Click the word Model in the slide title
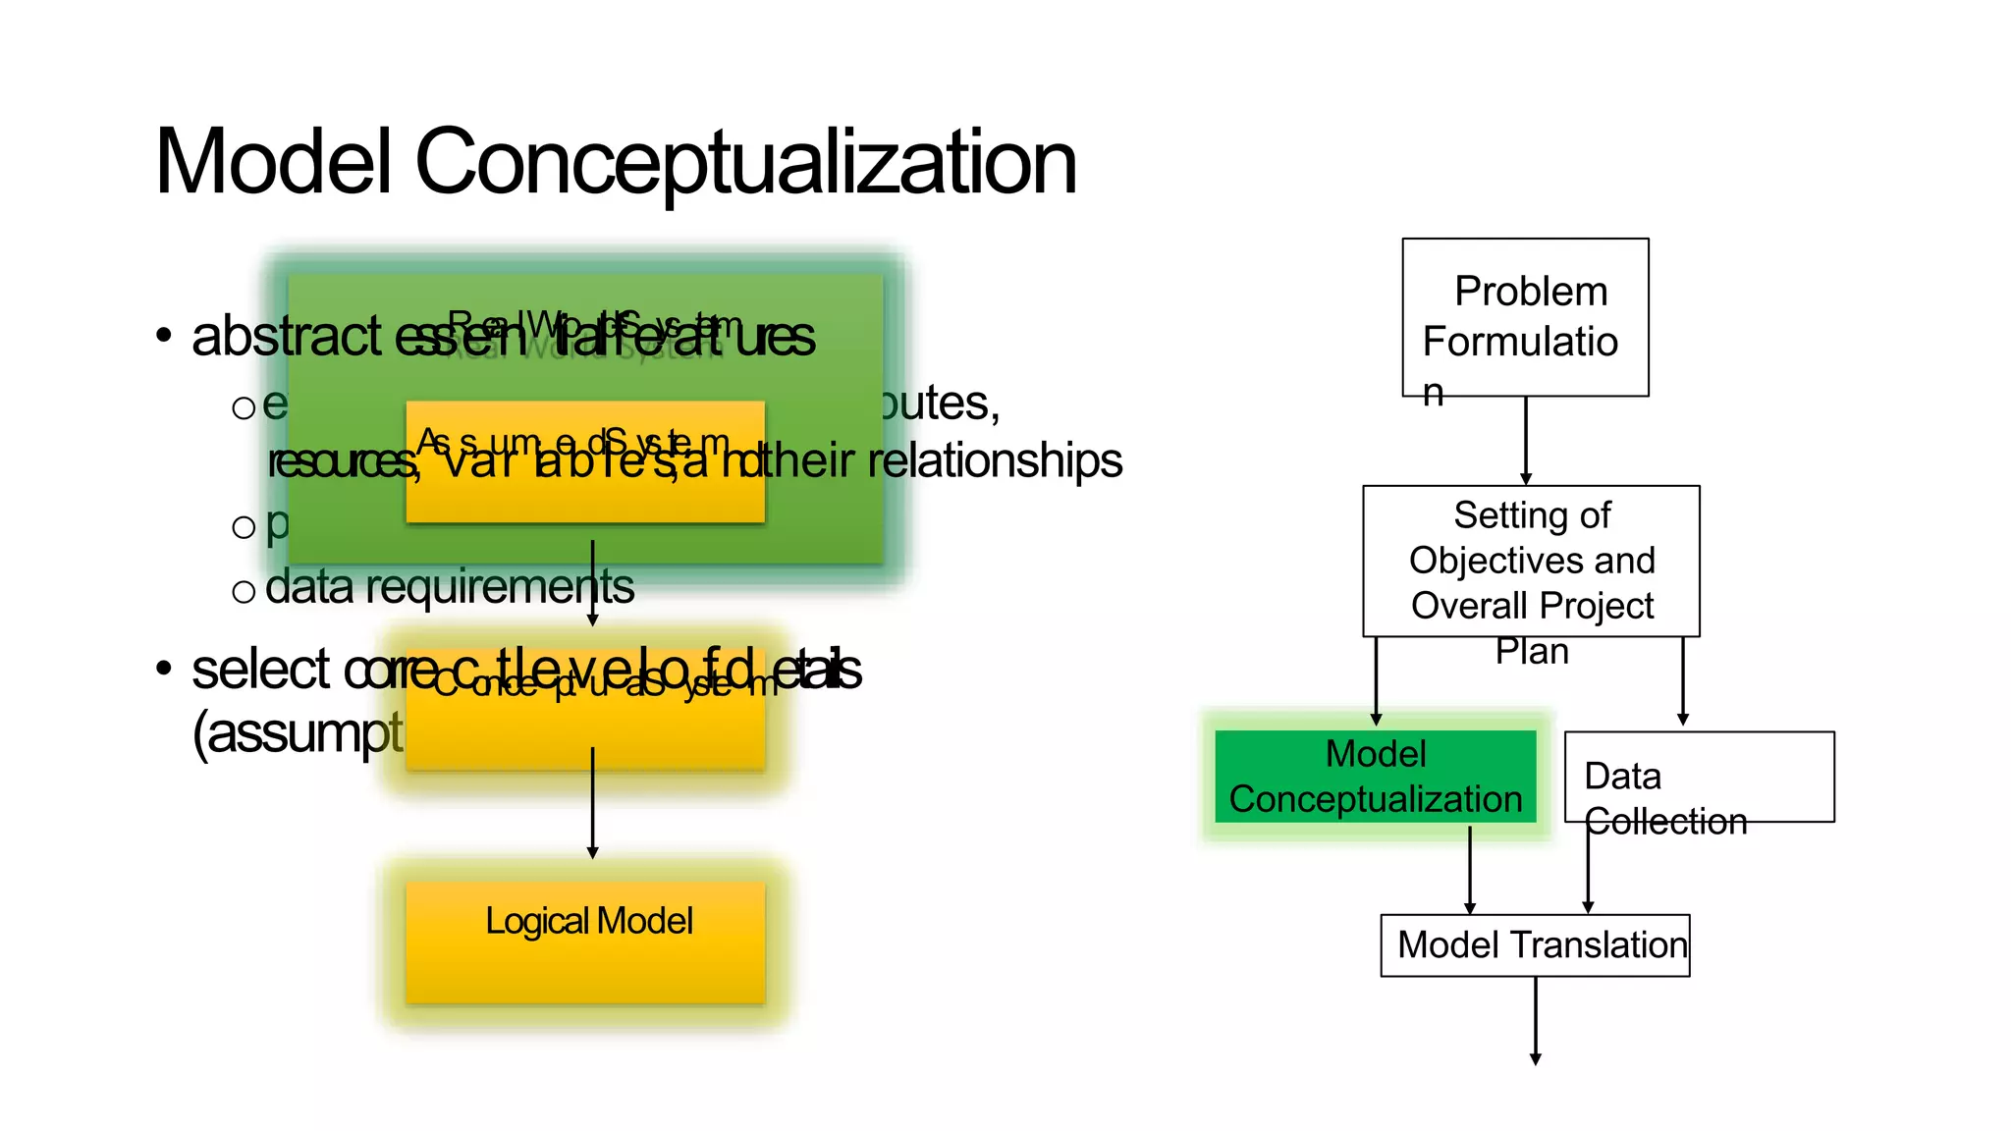click(x=273, y=163)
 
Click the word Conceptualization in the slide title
click(x=746, y=163)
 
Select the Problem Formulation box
click(x=1525, y=317)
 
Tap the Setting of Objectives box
click(x=1531, y=561)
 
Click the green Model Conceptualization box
click(x=1375, y=776)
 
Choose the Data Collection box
click(x=1699, y=777)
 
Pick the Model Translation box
click(x=1535, y=945)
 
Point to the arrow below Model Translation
click(x=1536, y=1021)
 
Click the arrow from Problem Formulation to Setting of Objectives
click(x=1526, y=440)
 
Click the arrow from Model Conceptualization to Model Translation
click(x=1470, y=870)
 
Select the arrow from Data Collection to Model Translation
click(x=1588, y=870)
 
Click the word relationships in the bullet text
click(x=995, y=460)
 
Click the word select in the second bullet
click(x=260, y=670)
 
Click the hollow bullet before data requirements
click(x=244, y=591)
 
